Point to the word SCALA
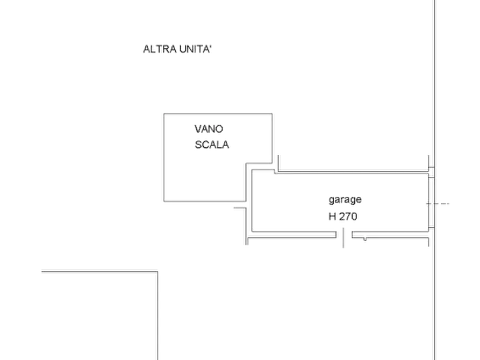click(x=213, y=144)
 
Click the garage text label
click(x=345, y=200)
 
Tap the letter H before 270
click(x=333, y=217)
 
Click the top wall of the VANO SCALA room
click(x=217, y=112)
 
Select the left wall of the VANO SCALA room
click(x=162, y=156)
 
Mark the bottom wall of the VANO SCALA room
click(x=199, y=202)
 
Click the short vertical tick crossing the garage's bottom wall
click(x=344, y=238)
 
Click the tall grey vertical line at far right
click(x=434, y=81)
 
